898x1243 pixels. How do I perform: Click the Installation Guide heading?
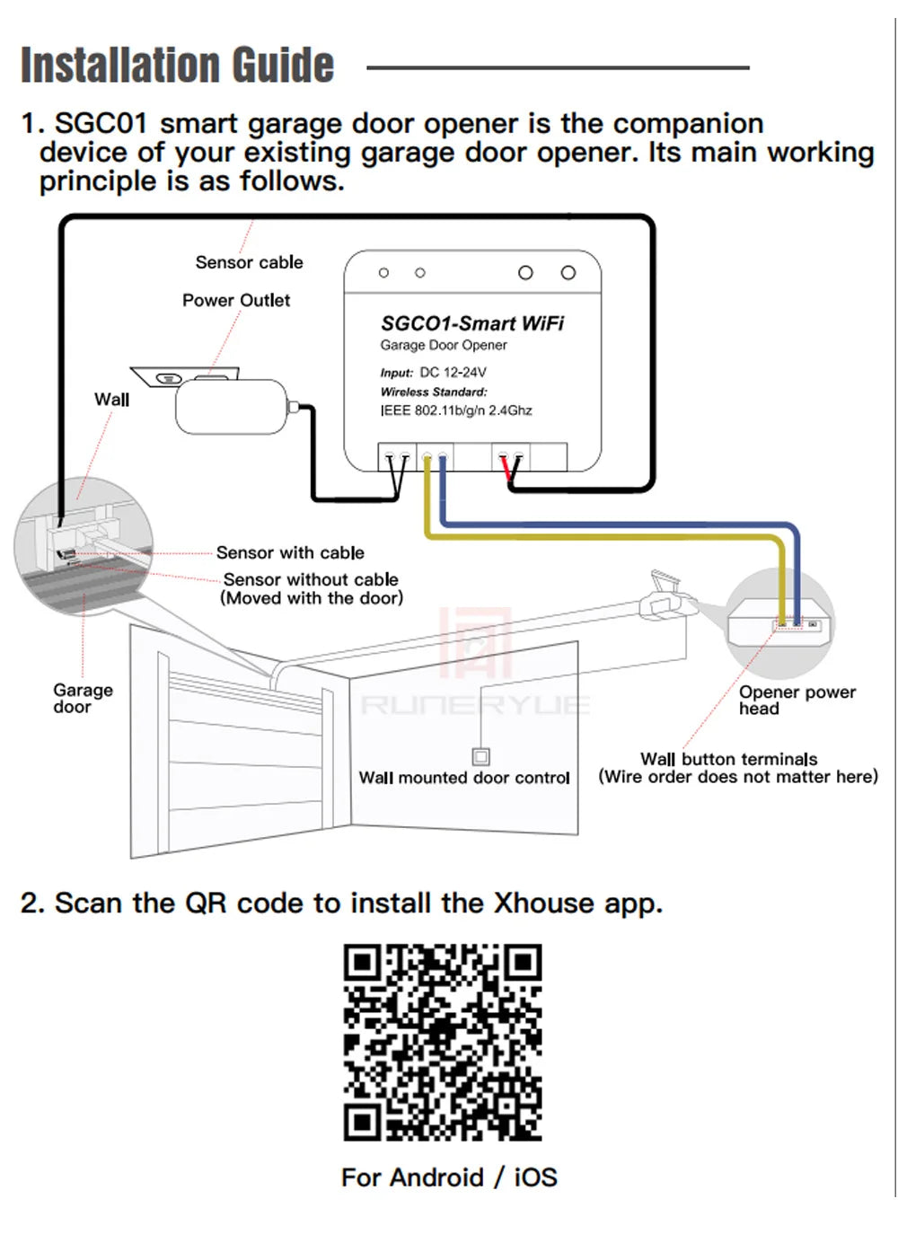click(177, 66)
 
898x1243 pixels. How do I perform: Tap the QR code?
click(443, 1042)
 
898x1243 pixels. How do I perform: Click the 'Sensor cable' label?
click(249, 262)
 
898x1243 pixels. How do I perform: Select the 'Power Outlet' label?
click(236, 300)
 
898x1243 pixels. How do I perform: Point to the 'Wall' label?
click(111, 400)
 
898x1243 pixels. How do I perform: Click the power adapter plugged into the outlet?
click(232, 407)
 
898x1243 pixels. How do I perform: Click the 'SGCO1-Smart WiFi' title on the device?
click(472, 323)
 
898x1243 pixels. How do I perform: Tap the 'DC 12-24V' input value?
click(453, 372)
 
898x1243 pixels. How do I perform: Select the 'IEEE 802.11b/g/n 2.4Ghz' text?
click(456, 410)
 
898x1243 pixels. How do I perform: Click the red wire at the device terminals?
click(506, 469)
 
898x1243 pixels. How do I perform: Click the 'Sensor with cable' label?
click(290, 552)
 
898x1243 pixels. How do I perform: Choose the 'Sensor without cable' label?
click(311, 580)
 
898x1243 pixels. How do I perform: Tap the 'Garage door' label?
click(82, 698)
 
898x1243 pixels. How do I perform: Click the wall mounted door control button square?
click(481, 756)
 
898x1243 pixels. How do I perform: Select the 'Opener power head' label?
click(796, 700)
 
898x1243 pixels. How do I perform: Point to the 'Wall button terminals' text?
click(728, 759)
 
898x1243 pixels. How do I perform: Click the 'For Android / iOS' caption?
click(449, 1177)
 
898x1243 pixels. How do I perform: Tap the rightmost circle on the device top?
click(568, 273)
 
